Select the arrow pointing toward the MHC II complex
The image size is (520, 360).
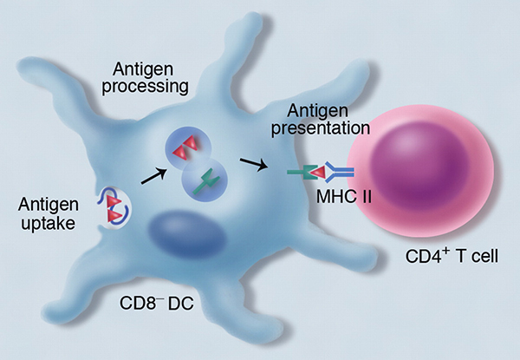253,162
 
